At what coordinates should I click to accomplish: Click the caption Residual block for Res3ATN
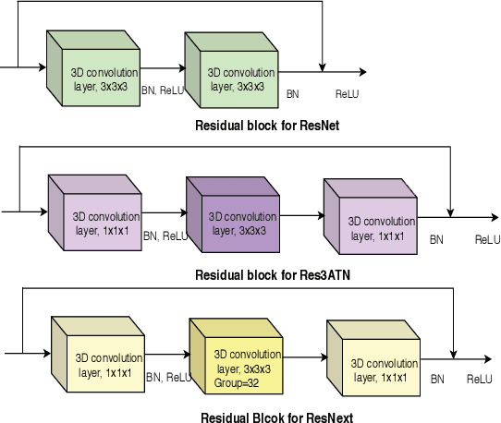click(x=272, y=274)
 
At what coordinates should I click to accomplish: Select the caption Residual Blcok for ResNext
click(x=276, y=417)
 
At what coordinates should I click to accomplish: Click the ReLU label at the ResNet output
click(x=348, y=93)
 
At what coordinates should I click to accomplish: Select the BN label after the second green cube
click(x=292, y=93)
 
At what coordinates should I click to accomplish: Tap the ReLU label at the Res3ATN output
click(x=487, y=239)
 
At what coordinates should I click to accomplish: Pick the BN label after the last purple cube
click(x=436, y=239)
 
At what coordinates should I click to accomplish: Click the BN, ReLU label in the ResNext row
click(x=168, y=377)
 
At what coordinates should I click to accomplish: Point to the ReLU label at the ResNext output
click(x=479, y=379)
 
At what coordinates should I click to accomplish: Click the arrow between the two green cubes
click(x=162, y=68)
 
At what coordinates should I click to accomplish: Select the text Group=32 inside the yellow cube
click(x=235, y=381)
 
